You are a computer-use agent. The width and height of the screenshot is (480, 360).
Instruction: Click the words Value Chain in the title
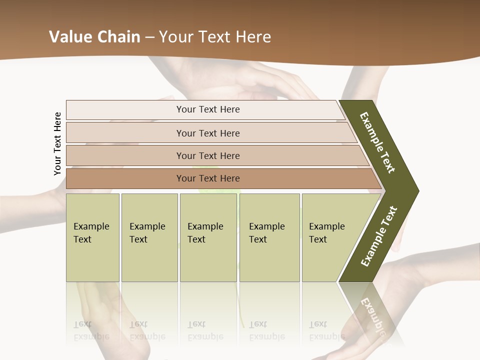[94, 37]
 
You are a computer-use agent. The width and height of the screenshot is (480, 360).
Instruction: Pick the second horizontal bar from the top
[207, 133]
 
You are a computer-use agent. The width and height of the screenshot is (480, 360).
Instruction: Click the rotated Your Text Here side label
[57, 143]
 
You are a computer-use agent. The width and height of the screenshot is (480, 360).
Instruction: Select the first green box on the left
[92, 237]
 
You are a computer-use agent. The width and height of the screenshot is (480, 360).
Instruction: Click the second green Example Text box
[149, 237]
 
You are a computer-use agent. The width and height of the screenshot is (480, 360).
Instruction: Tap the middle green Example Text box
[208, 237]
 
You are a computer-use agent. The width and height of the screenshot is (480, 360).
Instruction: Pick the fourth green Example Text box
[269, 237]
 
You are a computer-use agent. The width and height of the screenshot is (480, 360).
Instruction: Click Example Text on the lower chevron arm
[379, 236]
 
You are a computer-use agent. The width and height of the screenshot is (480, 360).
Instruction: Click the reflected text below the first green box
[91, 331]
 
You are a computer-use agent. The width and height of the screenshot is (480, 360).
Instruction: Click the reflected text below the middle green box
[205, 331]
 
